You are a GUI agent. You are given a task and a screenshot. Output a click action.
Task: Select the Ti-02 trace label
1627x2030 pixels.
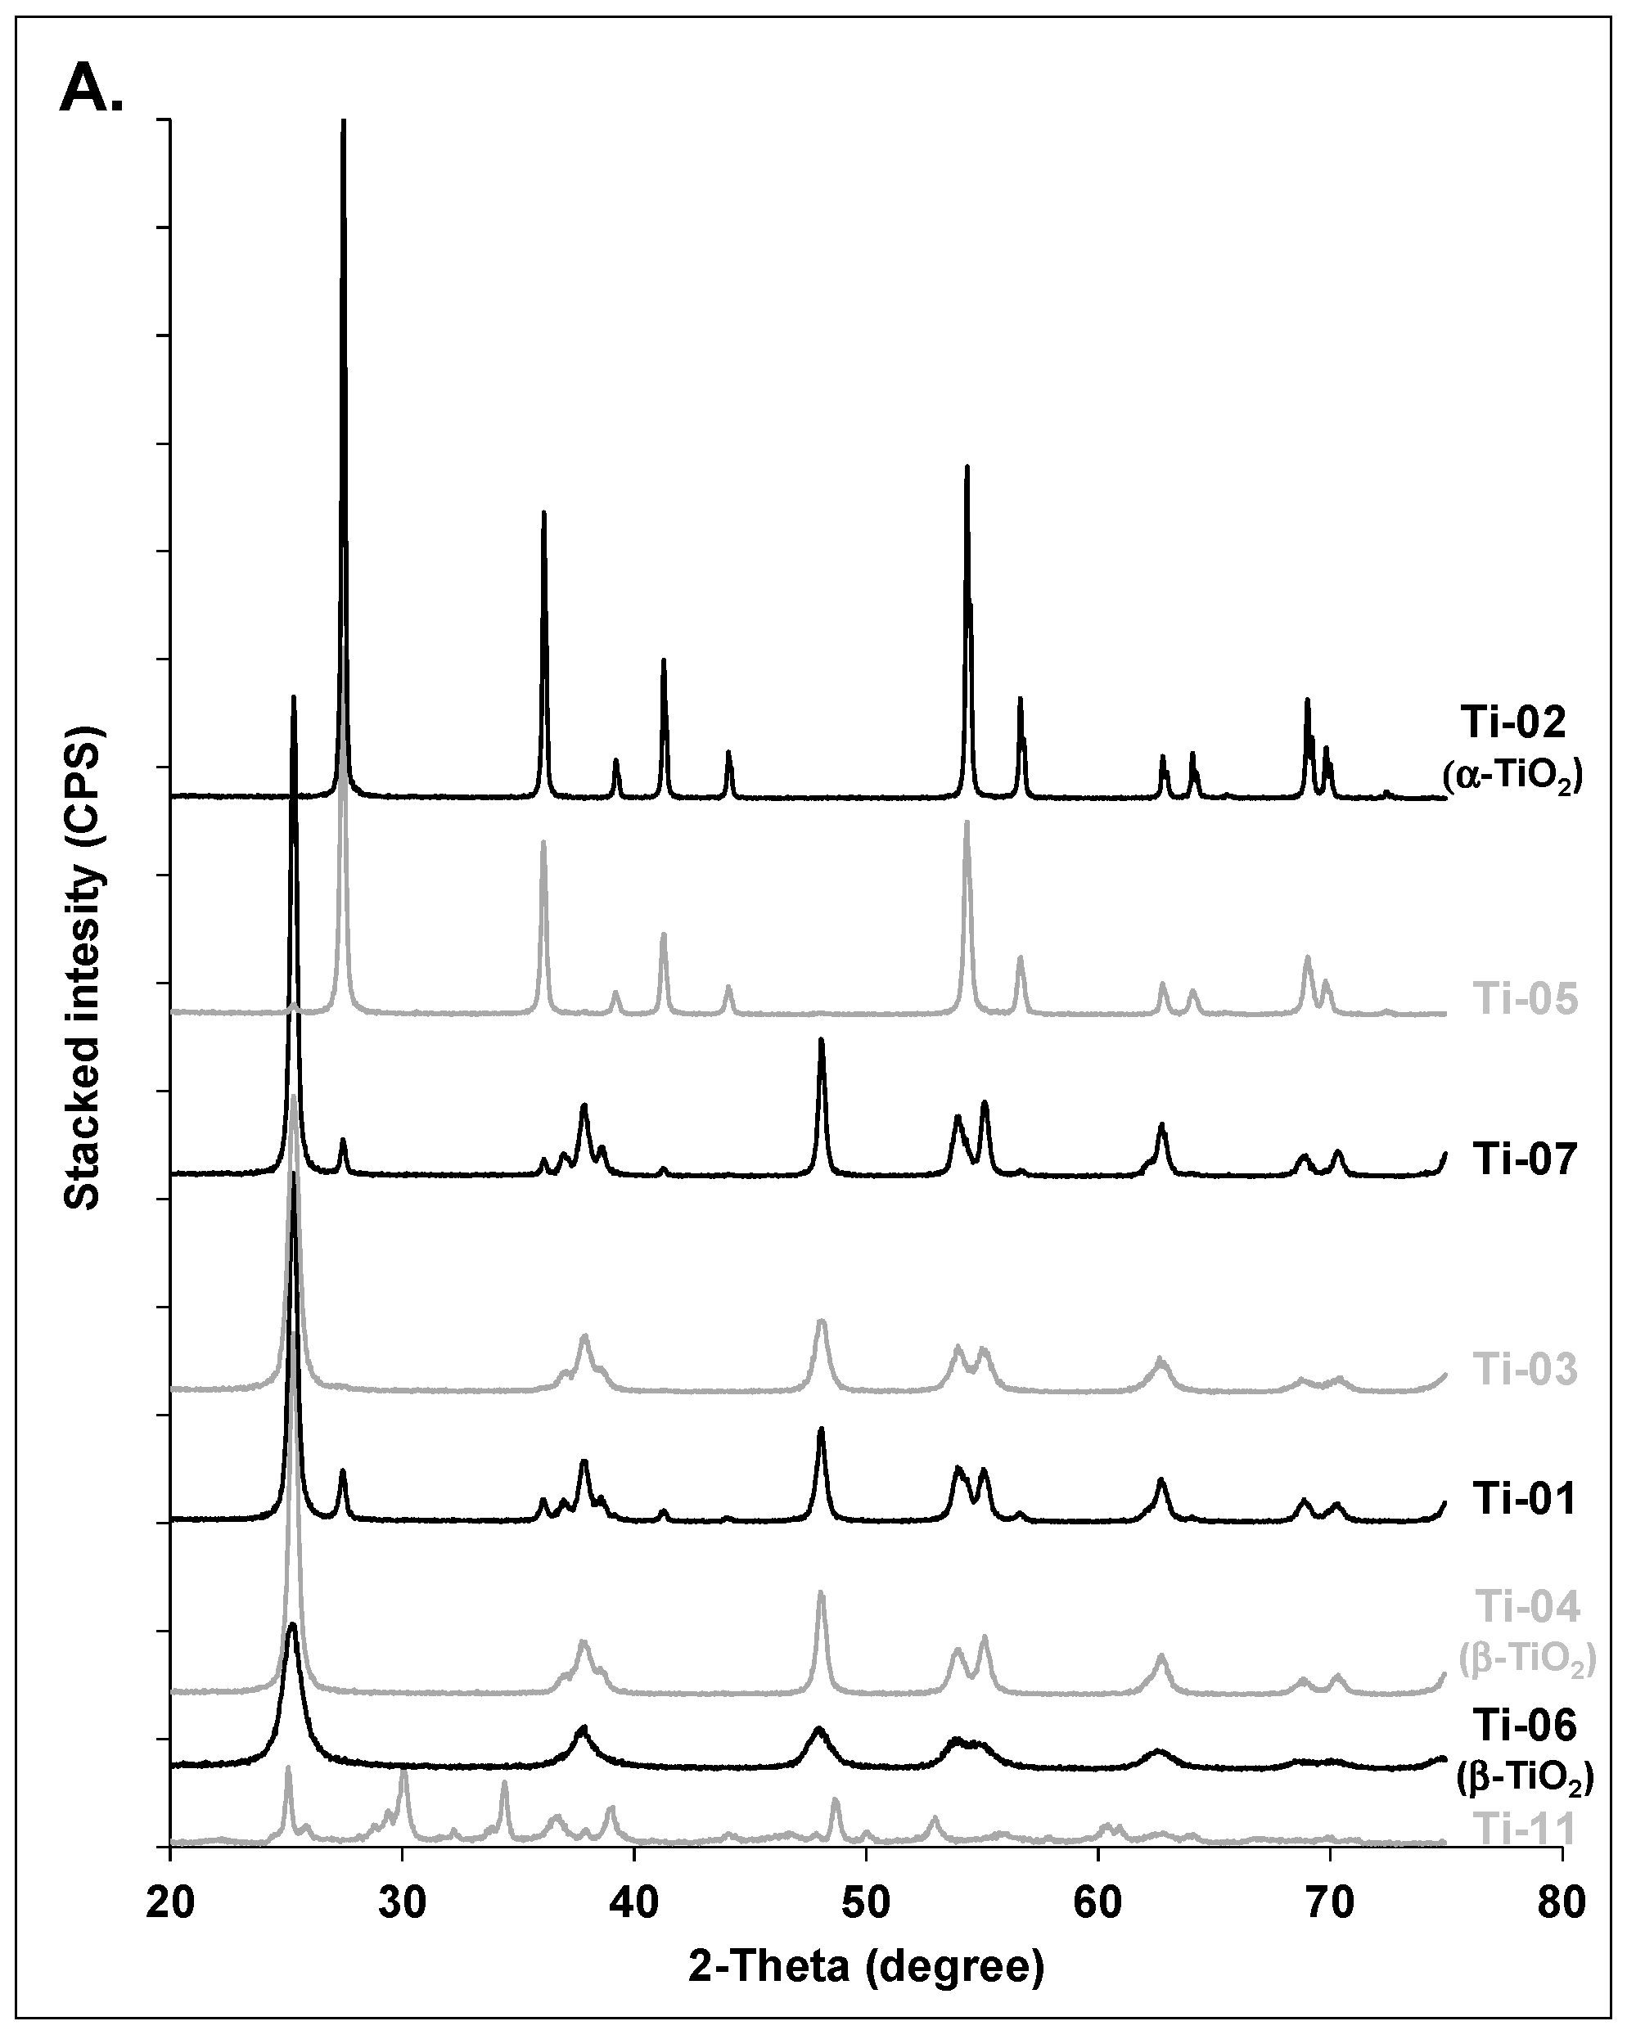click(1514, 722)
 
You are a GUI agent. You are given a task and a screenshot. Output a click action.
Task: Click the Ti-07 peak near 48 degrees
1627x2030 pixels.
click(821, 1041)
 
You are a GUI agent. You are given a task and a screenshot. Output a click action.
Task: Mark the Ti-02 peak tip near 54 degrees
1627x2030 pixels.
click(966, 467)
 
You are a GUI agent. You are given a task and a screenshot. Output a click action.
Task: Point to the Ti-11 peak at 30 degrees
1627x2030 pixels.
click(403, 1770)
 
